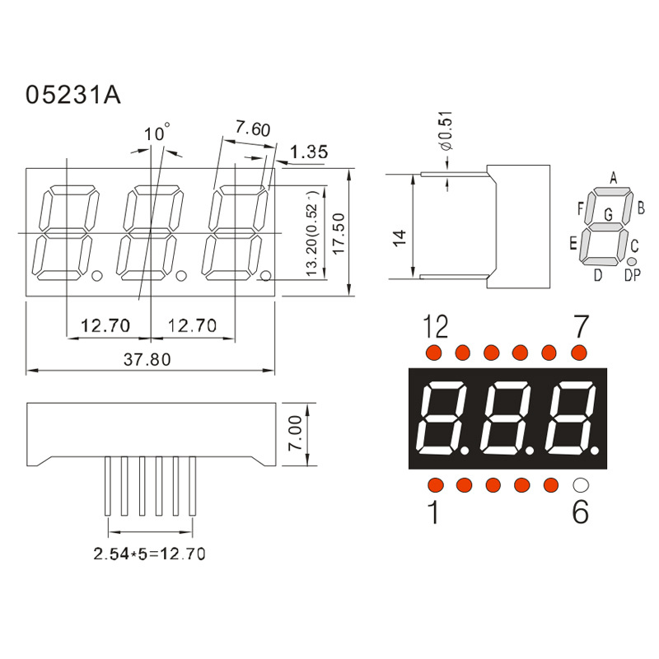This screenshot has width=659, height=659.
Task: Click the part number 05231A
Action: (x=73, y=95)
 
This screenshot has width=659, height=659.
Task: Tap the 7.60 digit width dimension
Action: (x=252, y=129)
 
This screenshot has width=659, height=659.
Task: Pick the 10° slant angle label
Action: (x=157, y=133)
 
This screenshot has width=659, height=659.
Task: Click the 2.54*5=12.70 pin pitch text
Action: (x=149, y=554)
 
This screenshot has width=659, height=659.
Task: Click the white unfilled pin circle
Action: (x=581, y=484)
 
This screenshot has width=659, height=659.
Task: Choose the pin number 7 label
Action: (x=581, y=328)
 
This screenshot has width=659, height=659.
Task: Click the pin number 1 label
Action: (x=433, y=513)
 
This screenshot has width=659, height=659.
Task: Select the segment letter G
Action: (x=609, y=215)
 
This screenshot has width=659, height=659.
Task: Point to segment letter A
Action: (x=613, y=177)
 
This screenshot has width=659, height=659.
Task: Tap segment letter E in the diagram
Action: (x=573, y=243)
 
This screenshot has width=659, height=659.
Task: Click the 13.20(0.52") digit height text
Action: (x=312, y=234)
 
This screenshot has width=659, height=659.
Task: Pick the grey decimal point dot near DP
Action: (x=632, y=261)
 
